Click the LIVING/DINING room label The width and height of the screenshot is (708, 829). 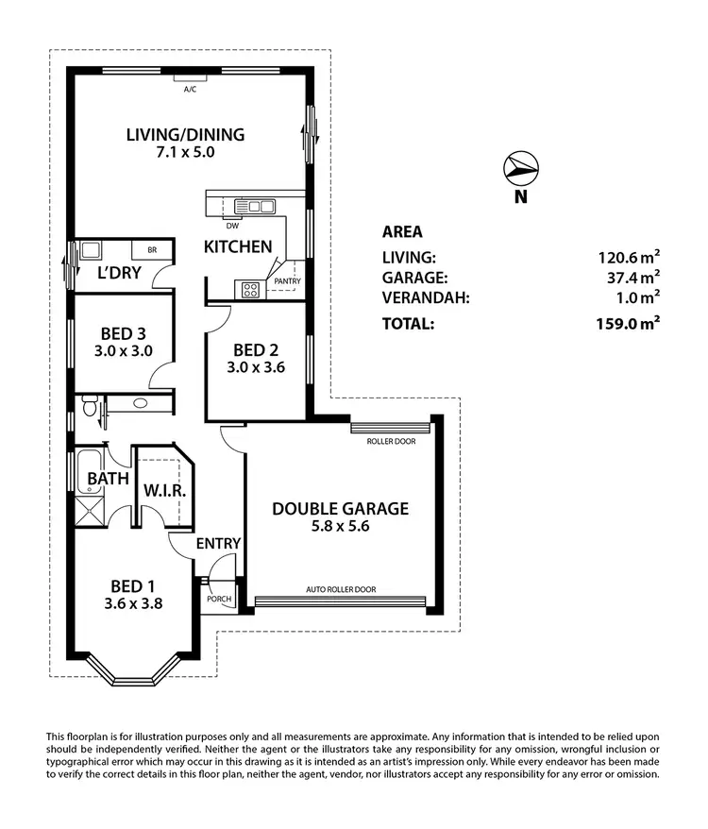coord(185,134)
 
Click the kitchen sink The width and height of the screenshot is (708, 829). coord(255,206)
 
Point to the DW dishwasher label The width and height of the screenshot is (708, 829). coord(232,225)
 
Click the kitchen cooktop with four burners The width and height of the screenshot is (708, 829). coord(250,290)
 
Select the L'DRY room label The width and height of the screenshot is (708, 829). coord(119,274)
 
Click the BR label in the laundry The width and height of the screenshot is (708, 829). coord(151,250)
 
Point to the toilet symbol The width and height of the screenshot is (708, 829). coord(90,407)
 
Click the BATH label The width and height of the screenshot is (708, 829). coord(108,479)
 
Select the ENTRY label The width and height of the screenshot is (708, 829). coord(218,544)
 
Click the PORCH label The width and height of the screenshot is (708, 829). coord(218,599)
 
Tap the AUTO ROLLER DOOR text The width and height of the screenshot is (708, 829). coord(340,590)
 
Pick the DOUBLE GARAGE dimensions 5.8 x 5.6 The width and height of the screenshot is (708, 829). coord(341,527)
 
